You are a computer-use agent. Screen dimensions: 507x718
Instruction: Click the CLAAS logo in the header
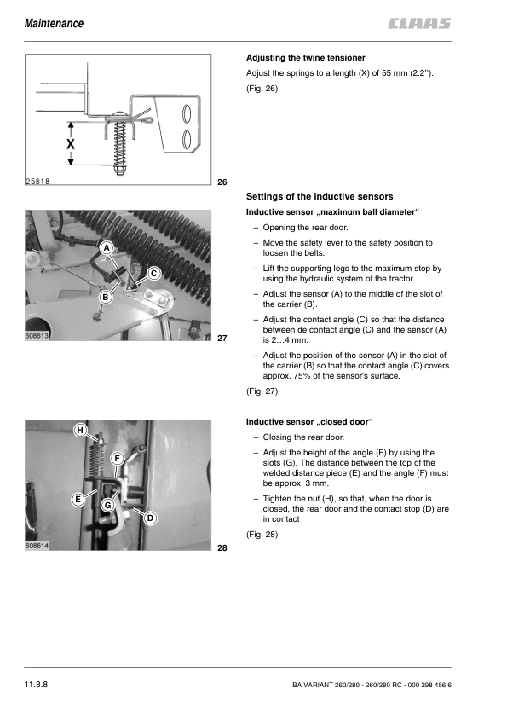(x=419, y=23)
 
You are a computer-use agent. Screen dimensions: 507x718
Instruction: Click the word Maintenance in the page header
(x=54, y=23)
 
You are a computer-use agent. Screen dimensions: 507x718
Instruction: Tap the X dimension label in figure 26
(x=71, y=144)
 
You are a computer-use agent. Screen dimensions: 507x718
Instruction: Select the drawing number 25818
(x=37, y=182)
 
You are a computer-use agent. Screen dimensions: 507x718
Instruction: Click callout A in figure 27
(x=107, y=248)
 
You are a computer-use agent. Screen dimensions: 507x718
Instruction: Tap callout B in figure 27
(x=106, y=298)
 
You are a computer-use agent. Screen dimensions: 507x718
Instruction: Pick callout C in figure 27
(x=153, y=274)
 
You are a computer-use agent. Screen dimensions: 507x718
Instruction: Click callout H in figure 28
(x=80, y=430)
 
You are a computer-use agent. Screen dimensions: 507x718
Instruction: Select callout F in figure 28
(x=117, y=459)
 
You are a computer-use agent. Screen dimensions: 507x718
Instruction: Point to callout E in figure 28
(x=78, y=499)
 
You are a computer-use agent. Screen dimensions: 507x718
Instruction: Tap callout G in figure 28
(x=107, y=505)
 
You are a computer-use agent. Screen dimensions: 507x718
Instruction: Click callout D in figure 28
(x=150, y=518)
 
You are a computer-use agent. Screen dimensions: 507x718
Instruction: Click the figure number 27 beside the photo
(x=222, y=339)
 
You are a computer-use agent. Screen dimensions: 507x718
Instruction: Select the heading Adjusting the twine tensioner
(x=306, y=58)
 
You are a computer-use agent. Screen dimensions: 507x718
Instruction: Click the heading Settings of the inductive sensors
(x=320, y=196)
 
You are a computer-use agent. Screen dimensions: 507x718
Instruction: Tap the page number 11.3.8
(x=36, y=685)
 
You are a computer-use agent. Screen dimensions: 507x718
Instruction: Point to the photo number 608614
(x=37, y=546)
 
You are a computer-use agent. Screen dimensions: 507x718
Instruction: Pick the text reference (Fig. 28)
(x=262, y=535)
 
